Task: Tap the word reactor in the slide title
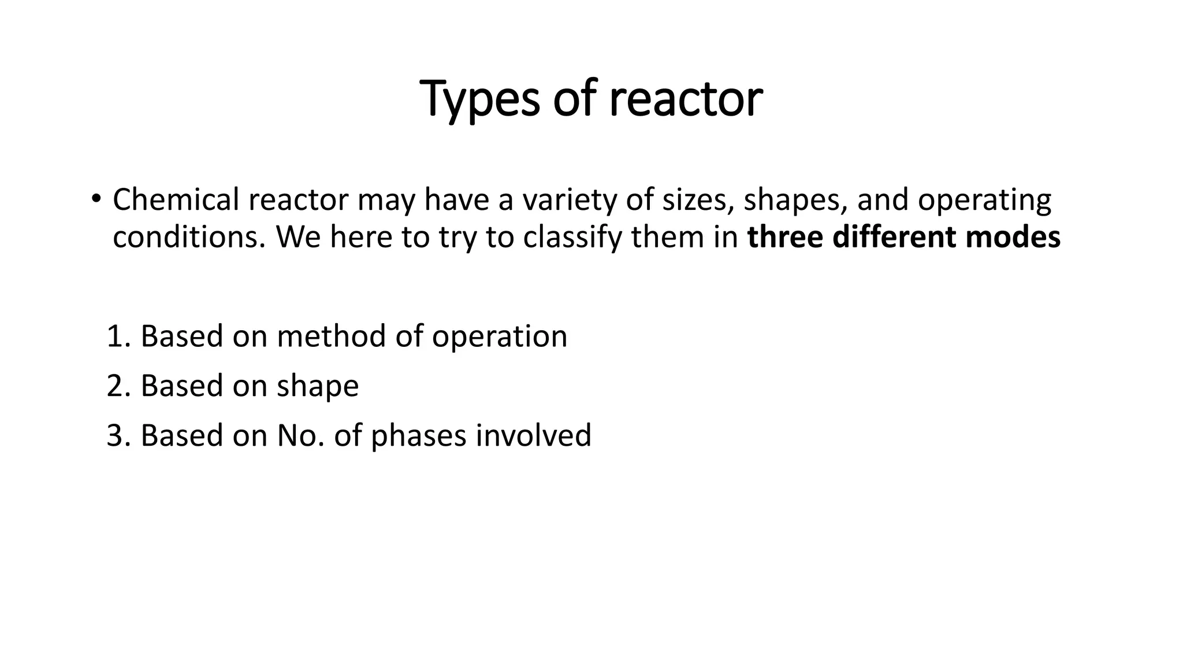coord(686,99)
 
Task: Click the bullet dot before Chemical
coord(95,199)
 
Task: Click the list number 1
coord(117,336)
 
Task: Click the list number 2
coord(117,386)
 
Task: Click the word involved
coord(534,435)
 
